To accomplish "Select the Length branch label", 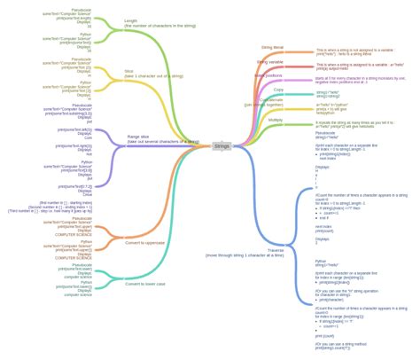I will click(x=131, y=20).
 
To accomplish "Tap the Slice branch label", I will click(x=128, y=72).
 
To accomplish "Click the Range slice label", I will click(x=139, y=137).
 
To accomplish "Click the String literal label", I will click(x=272, y=47).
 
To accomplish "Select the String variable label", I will click(x=270, y=62).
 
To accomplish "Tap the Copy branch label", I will click(x=278, y=90).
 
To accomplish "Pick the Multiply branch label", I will click(x=276, y=119).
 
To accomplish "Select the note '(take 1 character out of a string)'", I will click(x=153, y=77).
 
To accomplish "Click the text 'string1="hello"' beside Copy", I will click(x=328, y=91).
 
